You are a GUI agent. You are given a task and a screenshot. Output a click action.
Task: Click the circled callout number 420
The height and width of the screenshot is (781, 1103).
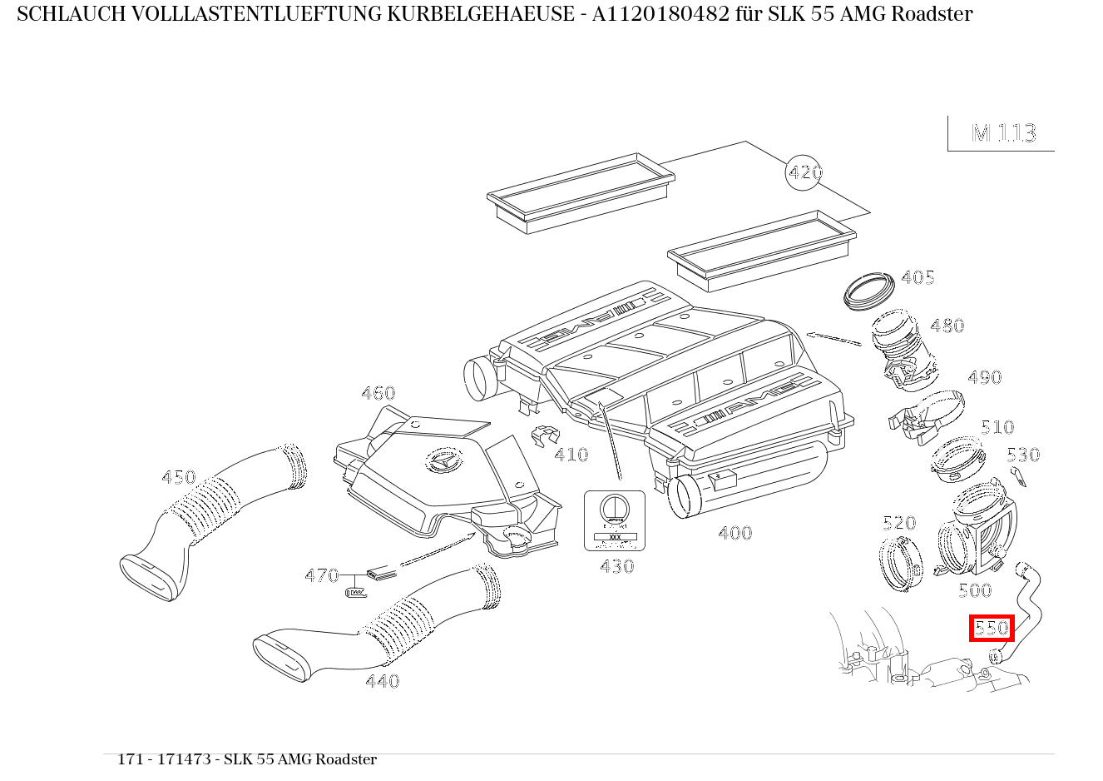(x=804, y=172)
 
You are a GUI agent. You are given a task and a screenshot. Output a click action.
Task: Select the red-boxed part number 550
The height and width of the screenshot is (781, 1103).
(x=992, y=628)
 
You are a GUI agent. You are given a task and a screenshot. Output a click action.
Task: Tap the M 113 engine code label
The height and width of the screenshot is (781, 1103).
(x=1003, y=133)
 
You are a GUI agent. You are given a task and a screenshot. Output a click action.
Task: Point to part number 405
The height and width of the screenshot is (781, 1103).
(x=918, y=277)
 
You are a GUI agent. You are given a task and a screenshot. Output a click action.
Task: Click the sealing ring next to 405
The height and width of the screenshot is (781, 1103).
(x=868, y=290)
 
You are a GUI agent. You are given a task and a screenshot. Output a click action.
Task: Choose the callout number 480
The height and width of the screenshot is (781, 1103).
(x=947, y=326)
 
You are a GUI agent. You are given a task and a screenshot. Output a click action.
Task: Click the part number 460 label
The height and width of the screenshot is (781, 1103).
(x=378, y=393)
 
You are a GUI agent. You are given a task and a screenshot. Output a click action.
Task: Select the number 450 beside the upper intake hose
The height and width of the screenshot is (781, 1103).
(x=178, y=477)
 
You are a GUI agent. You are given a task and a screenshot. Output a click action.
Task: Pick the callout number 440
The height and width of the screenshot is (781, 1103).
(x=382, y=681)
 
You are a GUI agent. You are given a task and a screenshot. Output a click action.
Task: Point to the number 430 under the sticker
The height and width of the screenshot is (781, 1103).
(x=616, y=566)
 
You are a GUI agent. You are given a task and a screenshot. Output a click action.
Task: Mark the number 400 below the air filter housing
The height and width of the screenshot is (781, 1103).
(x=735, y=533)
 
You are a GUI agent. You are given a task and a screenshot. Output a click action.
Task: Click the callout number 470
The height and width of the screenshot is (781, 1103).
(x=321, y=575)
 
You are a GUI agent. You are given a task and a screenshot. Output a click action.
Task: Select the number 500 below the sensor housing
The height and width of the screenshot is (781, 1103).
(x=975, y=590)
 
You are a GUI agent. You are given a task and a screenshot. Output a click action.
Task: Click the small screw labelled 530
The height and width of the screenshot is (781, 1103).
(x=1018, y=476)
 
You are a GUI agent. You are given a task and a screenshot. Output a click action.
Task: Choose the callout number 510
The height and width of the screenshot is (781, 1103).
(x=997, y=427)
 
